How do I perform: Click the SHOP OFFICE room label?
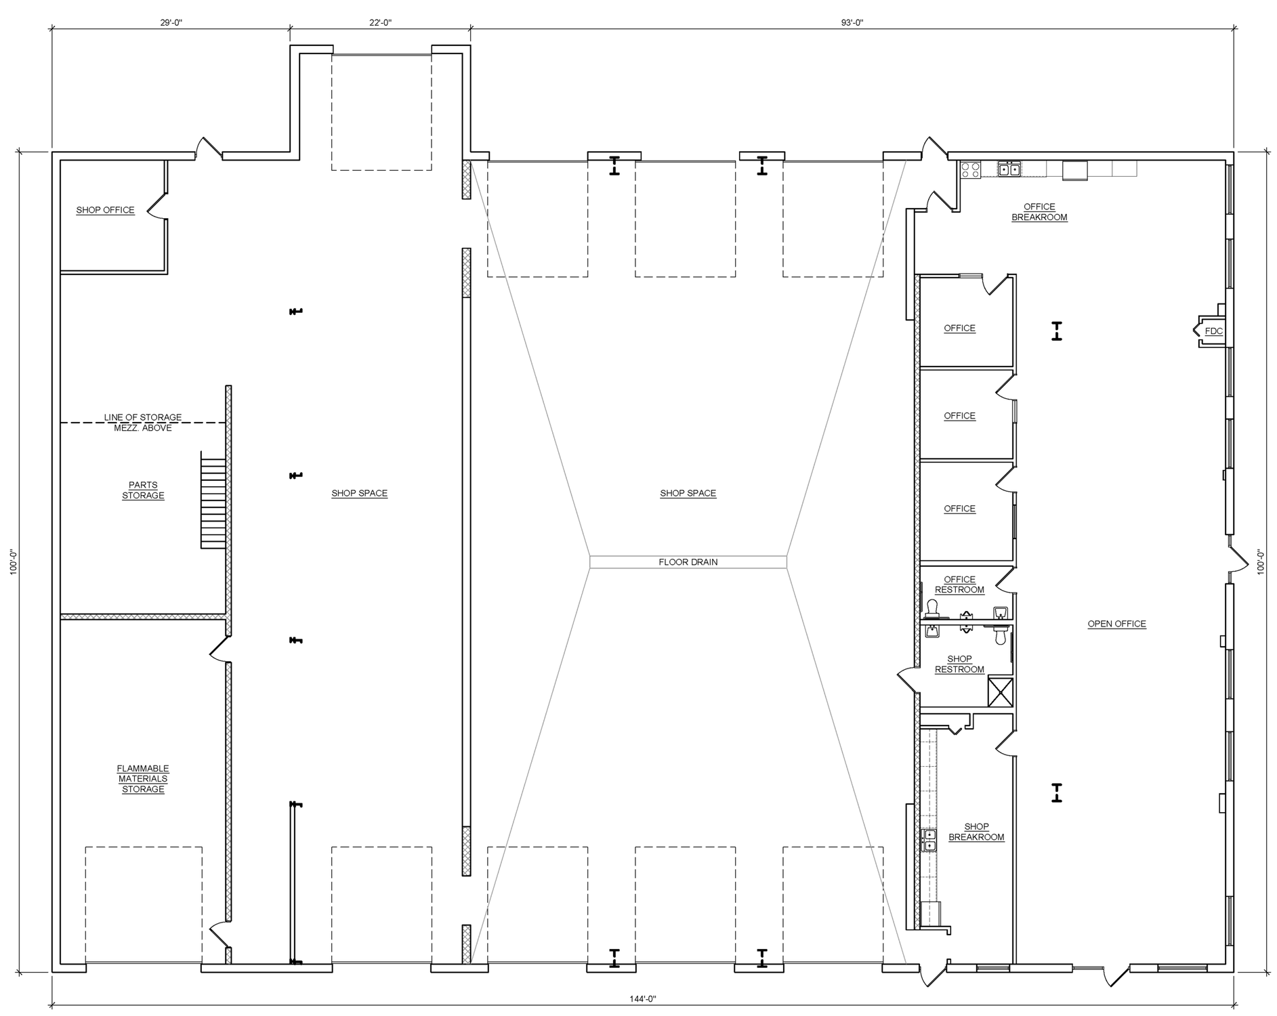[x=105, y=210]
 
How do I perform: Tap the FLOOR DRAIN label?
[x=688, y=562]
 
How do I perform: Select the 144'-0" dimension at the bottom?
[x=643, y=998]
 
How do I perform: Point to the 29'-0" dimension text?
[x=171, y=22]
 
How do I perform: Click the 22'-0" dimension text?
[x=380, y=22]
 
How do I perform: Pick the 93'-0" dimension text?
[x=852, y=22]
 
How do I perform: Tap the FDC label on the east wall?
[x=1213, y=331]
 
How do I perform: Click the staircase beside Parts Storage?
[x=213, y=503]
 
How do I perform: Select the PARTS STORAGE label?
[x=143, y=490]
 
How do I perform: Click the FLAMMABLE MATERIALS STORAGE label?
[x=143, y=779]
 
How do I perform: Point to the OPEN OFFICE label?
[x=1116, y=624]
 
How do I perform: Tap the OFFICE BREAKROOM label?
[x=1039, y=212]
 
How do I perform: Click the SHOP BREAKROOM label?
[x=976, y=832]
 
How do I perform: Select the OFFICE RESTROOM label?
[x=959, y=585]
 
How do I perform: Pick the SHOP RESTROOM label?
[x=959, y=664]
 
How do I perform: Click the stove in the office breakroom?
[x=970, y=169]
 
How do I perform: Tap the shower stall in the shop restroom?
[x=1001, y=692]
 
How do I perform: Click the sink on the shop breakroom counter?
[x=929, y=841]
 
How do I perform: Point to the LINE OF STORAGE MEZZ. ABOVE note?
[x=143, y=423]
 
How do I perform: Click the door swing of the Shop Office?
[x=156, y=205]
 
